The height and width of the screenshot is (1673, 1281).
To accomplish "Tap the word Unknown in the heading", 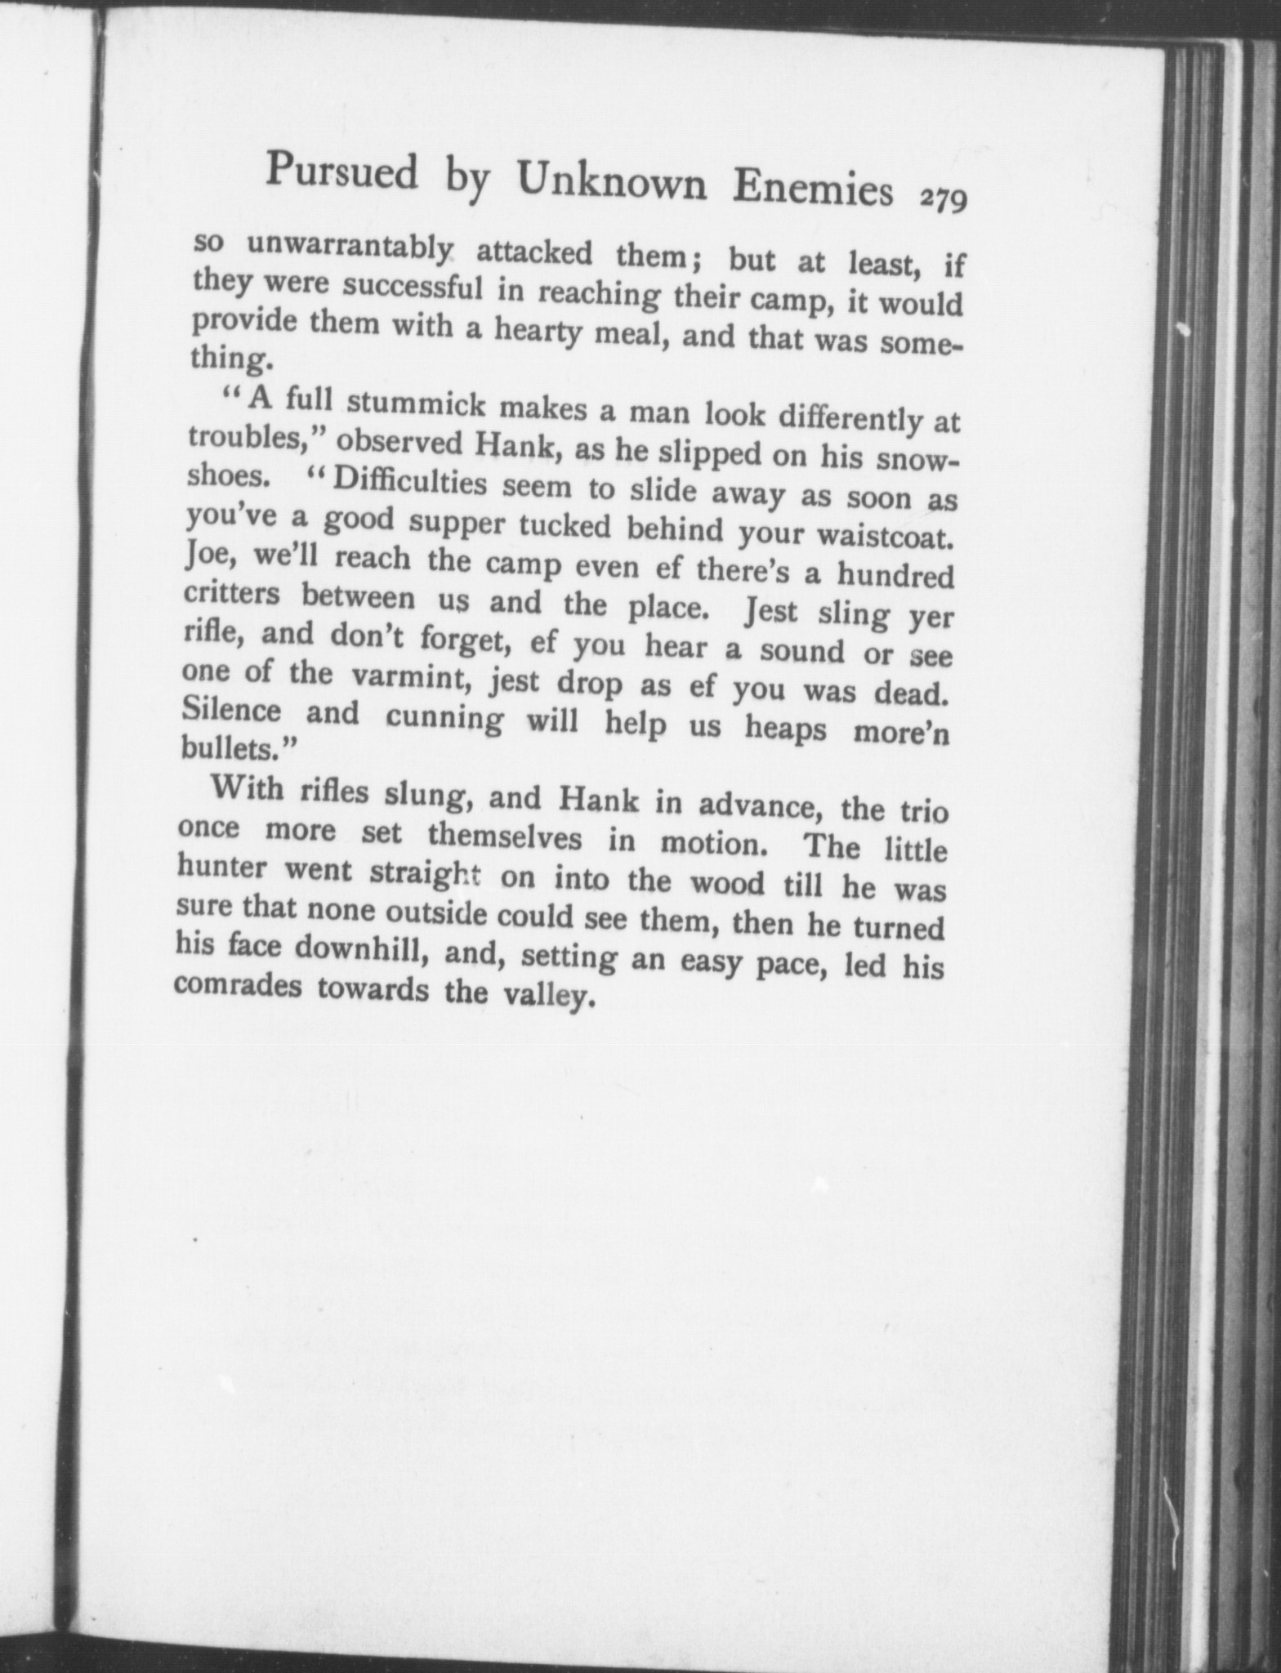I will (x=613, y=182).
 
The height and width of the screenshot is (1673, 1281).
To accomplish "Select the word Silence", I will (x=231, y=710).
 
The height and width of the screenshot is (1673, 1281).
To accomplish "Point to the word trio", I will (x=922, y=814).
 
